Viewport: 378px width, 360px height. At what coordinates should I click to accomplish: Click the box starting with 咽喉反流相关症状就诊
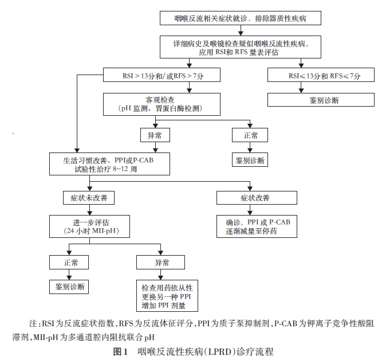239,19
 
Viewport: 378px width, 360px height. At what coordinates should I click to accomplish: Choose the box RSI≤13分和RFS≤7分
324,75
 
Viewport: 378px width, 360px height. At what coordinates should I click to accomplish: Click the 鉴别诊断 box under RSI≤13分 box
324,100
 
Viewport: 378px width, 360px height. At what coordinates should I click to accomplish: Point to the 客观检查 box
160,104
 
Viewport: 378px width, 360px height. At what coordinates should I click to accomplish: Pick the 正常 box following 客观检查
249,135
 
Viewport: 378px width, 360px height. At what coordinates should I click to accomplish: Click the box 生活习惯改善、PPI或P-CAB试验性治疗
109,165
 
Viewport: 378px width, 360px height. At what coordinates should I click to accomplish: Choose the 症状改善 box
257,198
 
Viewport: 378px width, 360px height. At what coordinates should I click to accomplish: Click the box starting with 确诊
257,226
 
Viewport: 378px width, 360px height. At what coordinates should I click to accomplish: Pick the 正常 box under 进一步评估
68,262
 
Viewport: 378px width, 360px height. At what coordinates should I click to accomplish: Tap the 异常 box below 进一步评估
162,262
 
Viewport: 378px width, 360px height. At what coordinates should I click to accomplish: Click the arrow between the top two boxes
239,30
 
